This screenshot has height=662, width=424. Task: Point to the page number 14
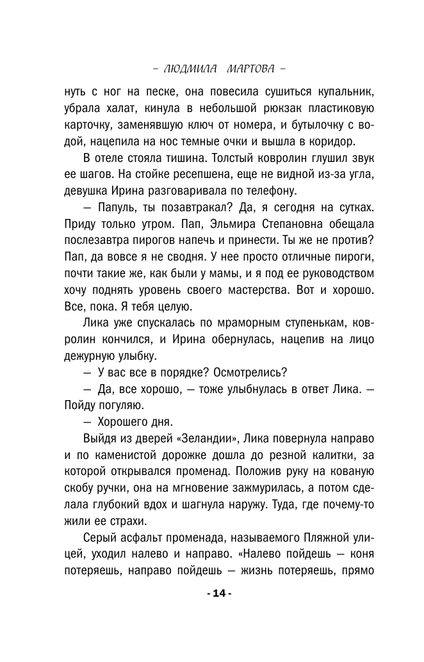tap(219, 593)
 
